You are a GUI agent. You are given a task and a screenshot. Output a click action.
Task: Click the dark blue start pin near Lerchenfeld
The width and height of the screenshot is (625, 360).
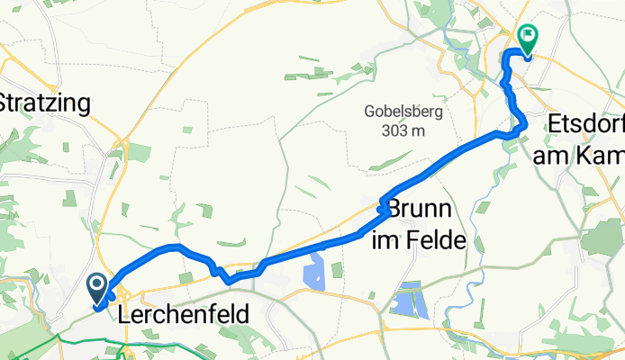point(96,288)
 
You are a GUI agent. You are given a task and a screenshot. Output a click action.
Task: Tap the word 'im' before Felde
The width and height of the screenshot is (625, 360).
point(388,241)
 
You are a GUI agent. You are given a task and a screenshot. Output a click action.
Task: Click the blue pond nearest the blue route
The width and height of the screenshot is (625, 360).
point(315,269)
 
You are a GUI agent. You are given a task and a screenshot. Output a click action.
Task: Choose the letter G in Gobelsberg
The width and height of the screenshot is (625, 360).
point(370,113)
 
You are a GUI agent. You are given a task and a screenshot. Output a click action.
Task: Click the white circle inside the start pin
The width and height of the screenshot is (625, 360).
point(96,284)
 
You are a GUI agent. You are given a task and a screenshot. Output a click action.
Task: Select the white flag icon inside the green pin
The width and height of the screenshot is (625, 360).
point(527,37)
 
